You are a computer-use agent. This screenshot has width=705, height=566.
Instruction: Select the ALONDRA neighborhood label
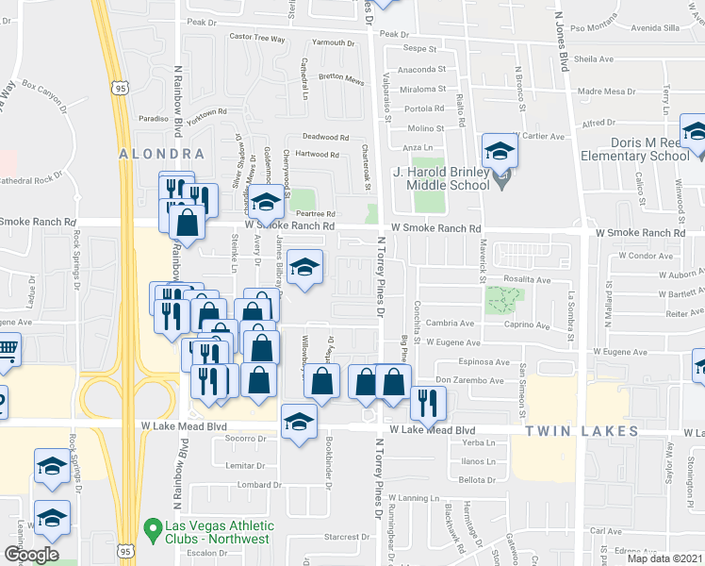[x=161, y=153]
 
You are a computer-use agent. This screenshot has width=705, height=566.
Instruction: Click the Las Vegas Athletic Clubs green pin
[x=150, y=527]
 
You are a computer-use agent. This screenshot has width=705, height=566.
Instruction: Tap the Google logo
[x=30, y=554]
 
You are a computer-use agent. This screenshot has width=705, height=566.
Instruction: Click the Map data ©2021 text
[x=664, y=558]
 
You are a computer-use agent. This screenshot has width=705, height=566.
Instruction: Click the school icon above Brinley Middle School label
[x=499, y=149]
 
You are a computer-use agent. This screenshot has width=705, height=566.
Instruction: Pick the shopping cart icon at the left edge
[x=7, y=351]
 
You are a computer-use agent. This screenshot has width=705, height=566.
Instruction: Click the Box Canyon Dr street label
[x=46, y=94]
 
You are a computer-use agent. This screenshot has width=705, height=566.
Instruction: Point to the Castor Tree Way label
[x=257, y=38]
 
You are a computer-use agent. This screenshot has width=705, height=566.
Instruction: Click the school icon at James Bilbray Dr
[x=303, y=266]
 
